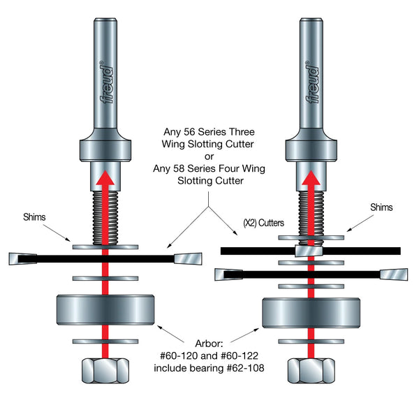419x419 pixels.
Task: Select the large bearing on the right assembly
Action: coord(309,312)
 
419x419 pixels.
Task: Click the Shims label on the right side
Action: coord(381,207)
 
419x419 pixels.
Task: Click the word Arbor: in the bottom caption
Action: coord(209,343)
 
